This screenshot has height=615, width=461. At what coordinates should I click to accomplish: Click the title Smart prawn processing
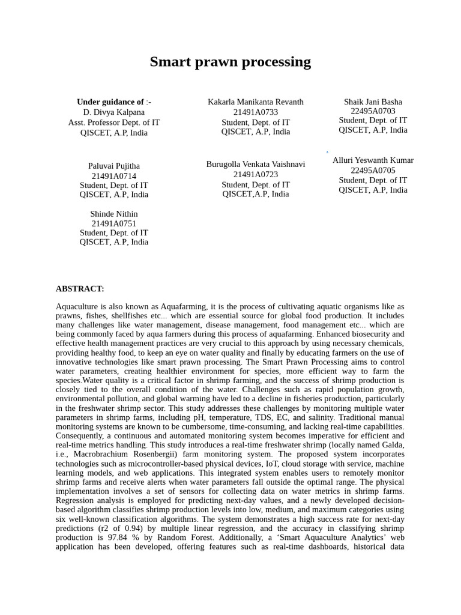[230, 62]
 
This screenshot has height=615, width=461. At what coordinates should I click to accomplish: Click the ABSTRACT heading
[80, 289]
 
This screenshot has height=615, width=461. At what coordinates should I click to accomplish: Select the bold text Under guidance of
[110, 102]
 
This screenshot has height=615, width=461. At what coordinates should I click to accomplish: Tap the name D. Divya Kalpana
[114, 112]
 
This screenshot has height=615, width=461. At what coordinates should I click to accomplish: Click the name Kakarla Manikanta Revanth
[256, 102]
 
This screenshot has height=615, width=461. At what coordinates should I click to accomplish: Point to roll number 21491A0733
[256, 112]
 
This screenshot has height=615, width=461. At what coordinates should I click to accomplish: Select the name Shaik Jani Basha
[373, 102]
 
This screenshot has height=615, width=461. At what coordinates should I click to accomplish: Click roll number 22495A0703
[373, 111]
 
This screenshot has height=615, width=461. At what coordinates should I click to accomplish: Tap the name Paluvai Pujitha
[114, 166]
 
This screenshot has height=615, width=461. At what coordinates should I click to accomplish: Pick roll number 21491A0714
[114, 176]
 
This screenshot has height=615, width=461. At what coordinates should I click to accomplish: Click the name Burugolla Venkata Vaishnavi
[256, 165]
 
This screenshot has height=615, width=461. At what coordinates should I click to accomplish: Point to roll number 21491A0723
[256, 175]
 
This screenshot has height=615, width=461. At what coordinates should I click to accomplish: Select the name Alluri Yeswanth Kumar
[373, 160]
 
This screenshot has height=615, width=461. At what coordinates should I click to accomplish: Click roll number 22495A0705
[373, 171]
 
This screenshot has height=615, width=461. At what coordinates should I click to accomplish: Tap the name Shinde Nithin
[114, 214]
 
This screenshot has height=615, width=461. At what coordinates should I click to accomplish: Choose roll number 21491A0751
[114, 223]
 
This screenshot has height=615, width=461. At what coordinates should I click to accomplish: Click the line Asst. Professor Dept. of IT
[114, 123]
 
